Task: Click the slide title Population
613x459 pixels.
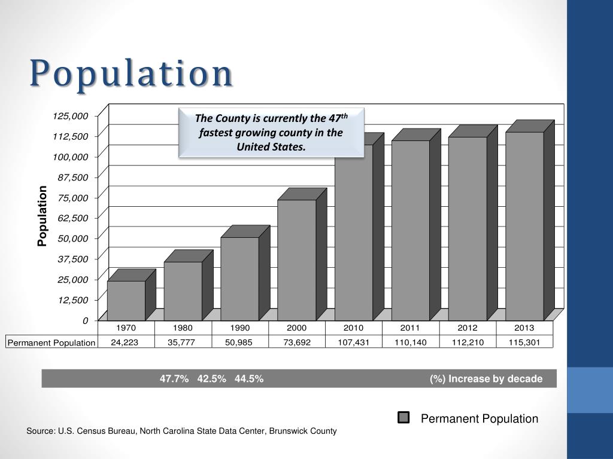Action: [x=131, y=74]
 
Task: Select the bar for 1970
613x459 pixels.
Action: [x=126, y=301]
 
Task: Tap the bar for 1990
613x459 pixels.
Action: [x=239, y=279]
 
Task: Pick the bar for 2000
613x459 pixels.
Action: [x=297, y=260]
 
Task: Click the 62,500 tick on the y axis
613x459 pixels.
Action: [x=72, y=218]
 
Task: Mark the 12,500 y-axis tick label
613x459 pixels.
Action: [x=72, y=300]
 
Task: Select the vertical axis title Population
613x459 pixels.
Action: [x=42, y=216]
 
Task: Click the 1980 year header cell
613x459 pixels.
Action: [x=183, y=328]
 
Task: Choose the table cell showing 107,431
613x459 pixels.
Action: [x=353, y=342]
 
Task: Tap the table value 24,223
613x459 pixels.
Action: [x=126, y=342]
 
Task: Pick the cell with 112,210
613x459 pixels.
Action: [x=468, y=342]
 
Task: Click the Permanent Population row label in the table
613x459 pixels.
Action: [x=51, y=343]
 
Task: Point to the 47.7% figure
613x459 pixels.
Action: [x=174, y=379]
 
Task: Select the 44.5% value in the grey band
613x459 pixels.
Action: [x=249, y=379]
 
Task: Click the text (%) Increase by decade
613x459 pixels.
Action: [x=485, y=379]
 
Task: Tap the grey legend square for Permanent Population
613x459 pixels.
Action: [x=404, y=418]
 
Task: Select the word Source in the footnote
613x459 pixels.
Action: [x=40, y=431]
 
